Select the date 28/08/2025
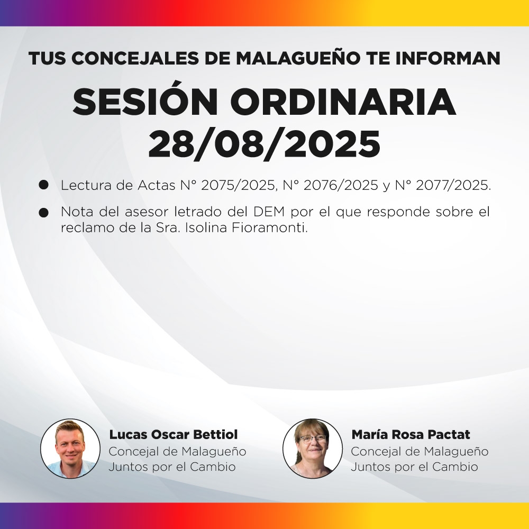tap(264, 144)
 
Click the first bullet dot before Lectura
tap(44, 185)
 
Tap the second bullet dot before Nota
tap(44, 213)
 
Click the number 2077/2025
tap(453, 186)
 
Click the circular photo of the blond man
tap(70, 449)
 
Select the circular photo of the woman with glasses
tap(313, 449)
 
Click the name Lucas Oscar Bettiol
tap(174, 435)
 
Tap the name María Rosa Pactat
tap(411, 435)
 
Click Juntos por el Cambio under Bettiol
tap(172, 467)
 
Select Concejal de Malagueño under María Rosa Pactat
tap(419, 452)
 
